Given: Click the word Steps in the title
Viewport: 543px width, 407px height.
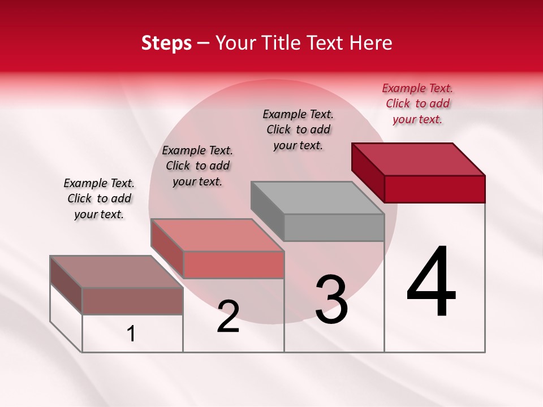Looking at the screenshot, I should click(166, 44).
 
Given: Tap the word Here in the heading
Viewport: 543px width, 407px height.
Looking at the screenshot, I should click(370, 44).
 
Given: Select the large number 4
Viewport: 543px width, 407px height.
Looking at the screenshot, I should click(431, 283).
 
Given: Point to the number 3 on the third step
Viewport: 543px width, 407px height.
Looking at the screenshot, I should click(331, 300).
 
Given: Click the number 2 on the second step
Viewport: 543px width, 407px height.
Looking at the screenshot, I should click(228, 317).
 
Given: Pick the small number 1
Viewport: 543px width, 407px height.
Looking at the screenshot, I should click(131, 334).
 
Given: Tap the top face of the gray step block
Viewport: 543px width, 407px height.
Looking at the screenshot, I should click(317, 198).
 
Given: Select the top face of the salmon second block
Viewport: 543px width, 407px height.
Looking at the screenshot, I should click(217, 235).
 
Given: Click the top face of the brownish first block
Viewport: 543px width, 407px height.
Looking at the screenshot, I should click(117, 272).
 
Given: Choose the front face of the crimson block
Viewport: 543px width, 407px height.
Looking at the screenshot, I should click(434, 189).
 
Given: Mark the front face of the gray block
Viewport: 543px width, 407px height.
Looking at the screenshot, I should click(334, 228).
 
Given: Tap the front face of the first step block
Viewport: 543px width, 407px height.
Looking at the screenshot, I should click(132, 301).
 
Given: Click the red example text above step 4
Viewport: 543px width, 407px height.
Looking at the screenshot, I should click(417, 104).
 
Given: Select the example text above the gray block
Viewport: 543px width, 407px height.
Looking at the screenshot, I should click(298, 129).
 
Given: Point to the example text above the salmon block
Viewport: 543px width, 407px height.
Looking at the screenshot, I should click(197, 166).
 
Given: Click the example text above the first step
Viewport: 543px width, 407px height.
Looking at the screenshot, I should click(99, 198).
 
